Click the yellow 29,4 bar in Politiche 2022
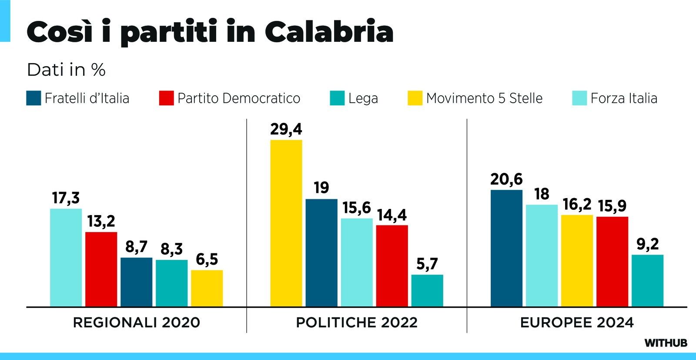(x=286, y=223)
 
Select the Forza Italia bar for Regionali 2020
(x=66, y=258)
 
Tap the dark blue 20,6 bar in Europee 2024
(x=506, y=248)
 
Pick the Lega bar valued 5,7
(x=427, y=290)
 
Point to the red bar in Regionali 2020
(x=101, y=269)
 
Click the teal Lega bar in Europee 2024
(x=647, y=281)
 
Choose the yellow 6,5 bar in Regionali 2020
(x=207, y=288)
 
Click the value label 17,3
(x=66, y=198)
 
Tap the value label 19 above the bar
(x=321, y=188)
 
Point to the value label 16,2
(x=577, y=204)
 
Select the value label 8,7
(x=136, y=247)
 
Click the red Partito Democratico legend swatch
(x=167, y=98)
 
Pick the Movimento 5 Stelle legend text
(x=484, y=98)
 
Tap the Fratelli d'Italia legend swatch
(x=33, y=98)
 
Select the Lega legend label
(x=363, y=98)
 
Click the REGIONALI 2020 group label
(x=137, y=323)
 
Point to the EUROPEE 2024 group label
(x=577, y=323)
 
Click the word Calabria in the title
(x=329, y=32)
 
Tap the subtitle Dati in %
(x=66, y=70)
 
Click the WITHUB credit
(x=666, y=343)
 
